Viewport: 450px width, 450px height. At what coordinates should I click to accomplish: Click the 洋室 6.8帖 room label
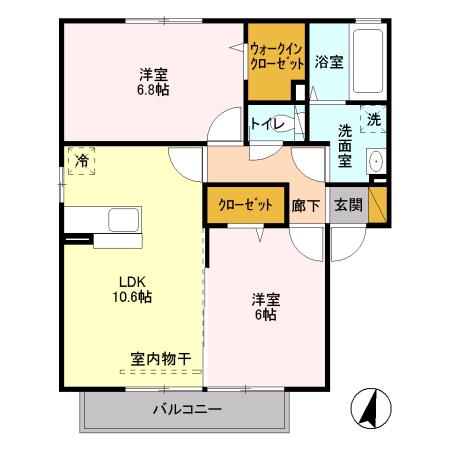tap(153, 80)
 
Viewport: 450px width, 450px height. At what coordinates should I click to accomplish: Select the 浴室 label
tap(329, 62)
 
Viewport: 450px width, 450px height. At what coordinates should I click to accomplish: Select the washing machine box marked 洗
tap(373, 119)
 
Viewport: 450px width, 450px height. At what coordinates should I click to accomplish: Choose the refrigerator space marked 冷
tap(80, 161)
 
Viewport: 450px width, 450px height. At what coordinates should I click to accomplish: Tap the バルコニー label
tap(187, 409)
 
